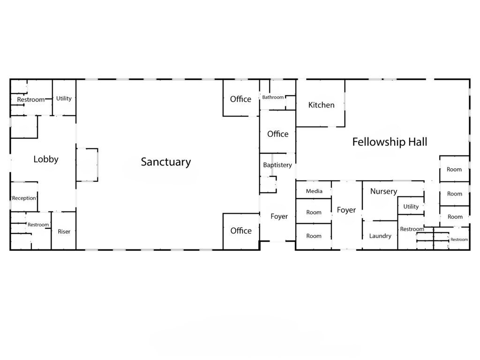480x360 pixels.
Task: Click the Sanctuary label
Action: (166, 162)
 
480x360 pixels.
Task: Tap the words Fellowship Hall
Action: (390, 142)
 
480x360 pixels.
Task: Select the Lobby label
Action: (46, 159)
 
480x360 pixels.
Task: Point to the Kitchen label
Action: (321, 105)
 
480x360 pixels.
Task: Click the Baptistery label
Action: (277, 165)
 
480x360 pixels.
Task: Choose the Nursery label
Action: (383, 191)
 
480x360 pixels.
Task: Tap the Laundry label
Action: (380, 236)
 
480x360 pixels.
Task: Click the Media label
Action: (314, 191)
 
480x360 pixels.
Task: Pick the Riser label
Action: (64, 232)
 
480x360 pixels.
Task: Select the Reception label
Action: (24, 198)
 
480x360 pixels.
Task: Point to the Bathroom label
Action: (273, 97)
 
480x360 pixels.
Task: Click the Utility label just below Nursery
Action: (411, 207)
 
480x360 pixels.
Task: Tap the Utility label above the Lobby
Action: (64, 98)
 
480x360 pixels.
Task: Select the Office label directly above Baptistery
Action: (277, 134)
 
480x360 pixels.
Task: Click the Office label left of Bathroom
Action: (240, 99)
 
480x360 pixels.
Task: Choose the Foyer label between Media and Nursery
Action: (346, 210)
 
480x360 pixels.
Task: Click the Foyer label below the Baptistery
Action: (279, 217)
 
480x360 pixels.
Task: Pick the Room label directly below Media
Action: (314, 212)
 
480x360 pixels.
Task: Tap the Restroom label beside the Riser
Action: (38, 225)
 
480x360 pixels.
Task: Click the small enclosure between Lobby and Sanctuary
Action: (97, 165)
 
